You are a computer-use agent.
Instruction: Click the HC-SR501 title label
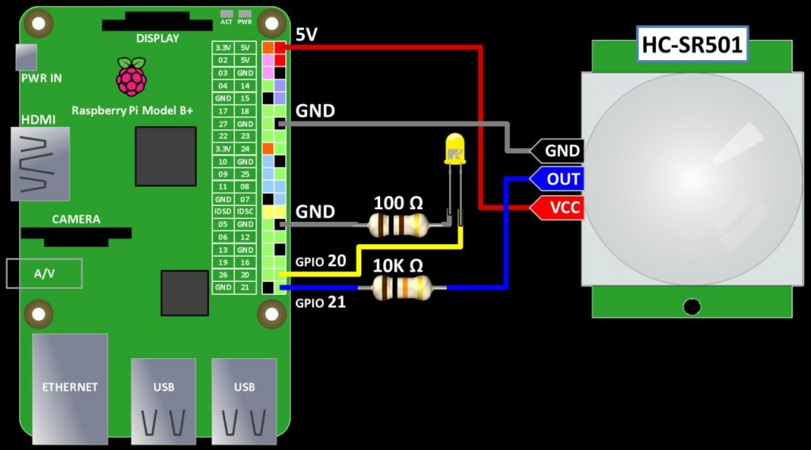[692, 45]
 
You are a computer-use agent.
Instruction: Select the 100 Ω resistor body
[401, 225]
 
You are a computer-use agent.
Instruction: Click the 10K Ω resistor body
[402, 287]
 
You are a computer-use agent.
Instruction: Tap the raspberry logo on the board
[131, 77]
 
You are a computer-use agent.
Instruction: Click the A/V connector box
[44, 273]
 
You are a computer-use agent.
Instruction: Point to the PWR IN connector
[26, 57]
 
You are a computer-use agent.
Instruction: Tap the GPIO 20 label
[320, 260]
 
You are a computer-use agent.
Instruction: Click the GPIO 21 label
[320, 302]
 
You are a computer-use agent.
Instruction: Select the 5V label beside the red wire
[307, 35]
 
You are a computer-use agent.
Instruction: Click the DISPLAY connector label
[158, 38]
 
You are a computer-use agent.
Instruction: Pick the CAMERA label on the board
[76, 219]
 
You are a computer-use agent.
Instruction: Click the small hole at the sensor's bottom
[692, 307]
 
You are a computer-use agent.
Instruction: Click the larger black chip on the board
[166, 156]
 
